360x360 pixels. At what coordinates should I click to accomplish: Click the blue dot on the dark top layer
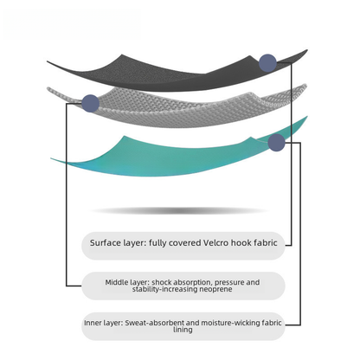coord(267,63)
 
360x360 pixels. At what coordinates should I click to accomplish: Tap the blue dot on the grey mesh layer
coord(91,103)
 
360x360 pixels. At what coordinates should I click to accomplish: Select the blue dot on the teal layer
coord(276,143)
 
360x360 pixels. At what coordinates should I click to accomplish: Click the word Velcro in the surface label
coord(216,243)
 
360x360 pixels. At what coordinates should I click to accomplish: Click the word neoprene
coord(215,289)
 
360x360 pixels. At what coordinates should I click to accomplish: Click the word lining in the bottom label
coord(183,330)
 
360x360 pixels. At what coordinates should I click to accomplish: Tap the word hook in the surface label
coord(241,243)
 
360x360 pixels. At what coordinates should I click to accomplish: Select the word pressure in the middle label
coord(229,283)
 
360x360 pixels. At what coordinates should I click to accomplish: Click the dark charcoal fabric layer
coord(173,75)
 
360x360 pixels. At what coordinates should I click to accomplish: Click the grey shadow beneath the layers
coord(179,211)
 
